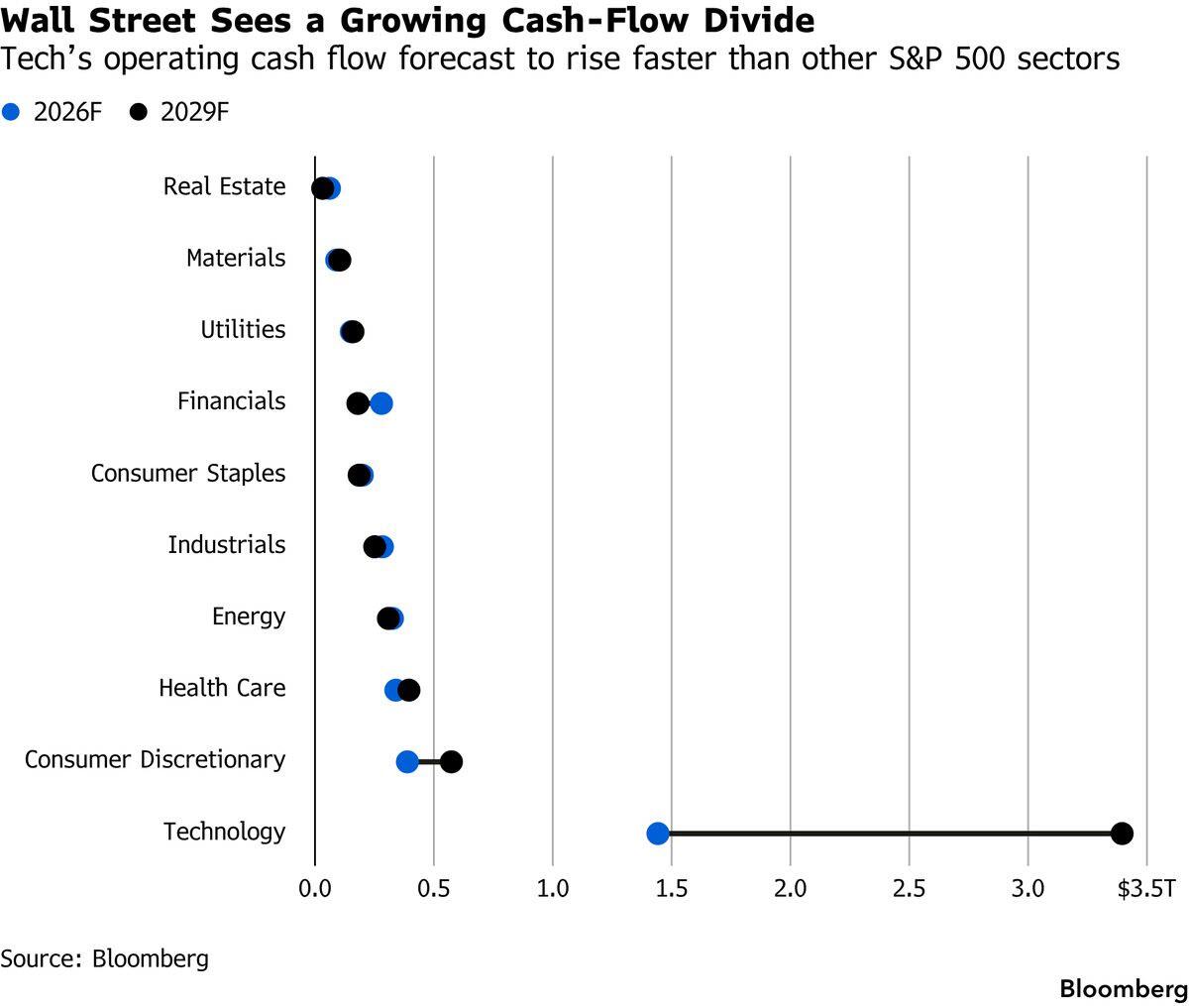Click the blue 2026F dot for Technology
pos(658,833)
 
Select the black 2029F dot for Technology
pos(1122,833)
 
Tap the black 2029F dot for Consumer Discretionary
pos(451,761)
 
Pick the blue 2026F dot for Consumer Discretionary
pos(407,761)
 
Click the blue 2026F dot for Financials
pos(381,402)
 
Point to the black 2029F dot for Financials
pos(358,402)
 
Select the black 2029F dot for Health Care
pos(408,690)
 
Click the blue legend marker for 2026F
pos(10,111)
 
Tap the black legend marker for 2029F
pos(138,111)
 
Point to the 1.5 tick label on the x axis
pos(672,889)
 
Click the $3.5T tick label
pos(1145,889)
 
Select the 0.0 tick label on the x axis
pos(315,889)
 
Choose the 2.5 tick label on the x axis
pos(909,889)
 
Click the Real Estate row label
pos(224,186)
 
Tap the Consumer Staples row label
pos(188,474)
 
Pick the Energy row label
pos(249,616)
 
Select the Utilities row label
pos(243,330)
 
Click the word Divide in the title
pos(759,21)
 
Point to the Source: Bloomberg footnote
pos(104,958)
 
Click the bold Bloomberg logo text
pos(1124,989)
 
